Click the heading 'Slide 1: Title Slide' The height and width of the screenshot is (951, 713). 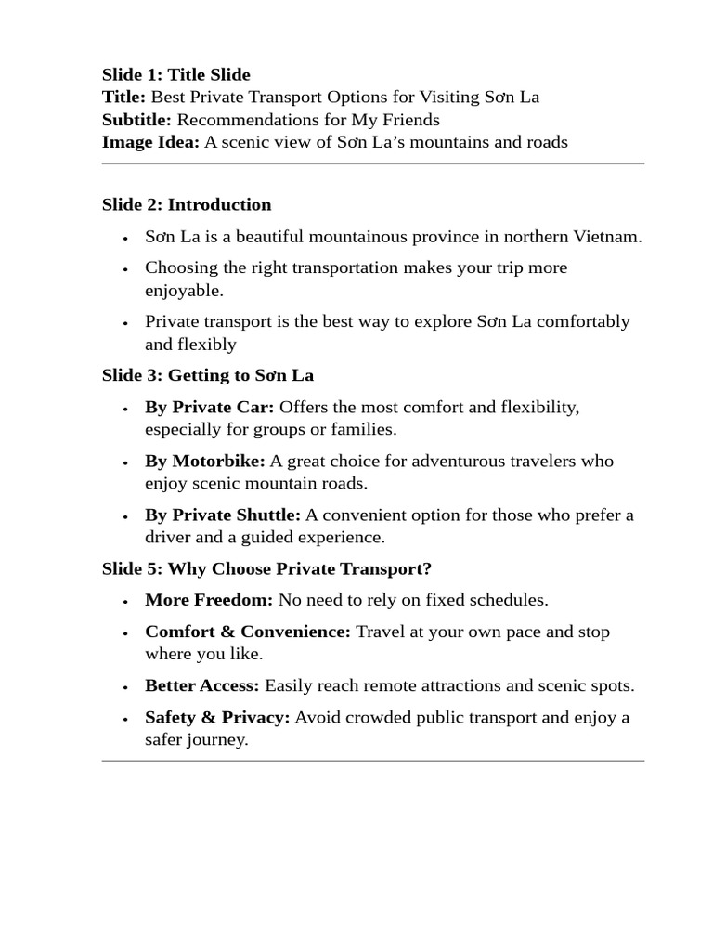[176, 74]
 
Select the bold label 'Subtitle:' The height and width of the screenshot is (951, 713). [137, 120]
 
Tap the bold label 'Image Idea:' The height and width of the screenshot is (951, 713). [150, 142]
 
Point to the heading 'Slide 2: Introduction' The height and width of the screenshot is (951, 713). [187, 204]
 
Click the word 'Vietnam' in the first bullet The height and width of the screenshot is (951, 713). [608, 236]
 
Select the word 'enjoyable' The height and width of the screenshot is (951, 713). [184, 291]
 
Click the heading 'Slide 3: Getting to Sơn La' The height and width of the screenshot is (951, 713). [208, 375]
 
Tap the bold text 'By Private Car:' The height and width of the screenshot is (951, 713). [210, 407]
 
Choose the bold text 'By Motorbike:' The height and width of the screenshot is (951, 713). [205, 461]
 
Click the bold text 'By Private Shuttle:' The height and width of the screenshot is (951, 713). [223, 515]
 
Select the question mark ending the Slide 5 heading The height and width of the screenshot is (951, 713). [428, 568]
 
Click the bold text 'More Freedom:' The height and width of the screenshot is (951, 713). [209, 600]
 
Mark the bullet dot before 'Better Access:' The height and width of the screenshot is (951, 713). [125, 687]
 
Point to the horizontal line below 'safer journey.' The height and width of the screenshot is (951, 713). [372, 762]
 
